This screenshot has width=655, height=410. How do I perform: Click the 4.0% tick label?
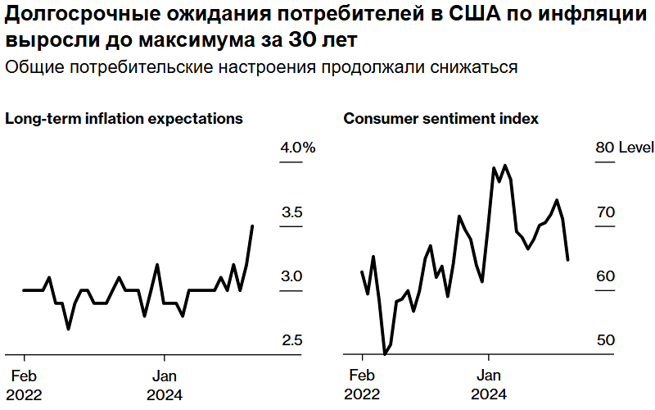(298, 148)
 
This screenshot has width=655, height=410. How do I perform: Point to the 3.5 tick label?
(292, 212)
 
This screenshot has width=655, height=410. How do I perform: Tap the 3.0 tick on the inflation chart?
(292, 276)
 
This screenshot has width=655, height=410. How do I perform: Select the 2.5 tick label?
(292, 340)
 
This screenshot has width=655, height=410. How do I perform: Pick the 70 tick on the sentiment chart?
(605, 212)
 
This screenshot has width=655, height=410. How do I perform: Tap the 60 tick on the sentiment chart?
(605, 276)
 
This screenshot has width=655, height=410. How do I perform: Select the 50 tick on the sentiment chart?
(605, 340)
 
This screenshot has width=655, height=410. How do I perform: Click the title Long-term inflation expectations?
(124, 118)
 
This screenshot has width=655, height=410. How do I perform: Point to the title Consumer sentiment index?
(440, 118)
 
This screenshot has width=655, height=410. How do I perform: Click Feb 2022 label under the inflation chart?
(24, 385)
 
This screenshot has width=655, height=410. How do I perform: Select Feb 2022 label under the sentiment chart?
(362, 385)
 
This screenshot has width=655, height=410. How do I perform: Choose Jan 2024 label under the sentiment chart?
(489, 385)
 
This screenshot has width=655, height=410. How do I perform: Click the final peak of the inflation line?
(252, 225)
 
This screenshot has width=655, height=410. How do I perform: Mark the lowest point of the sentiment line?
(385, 354)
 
